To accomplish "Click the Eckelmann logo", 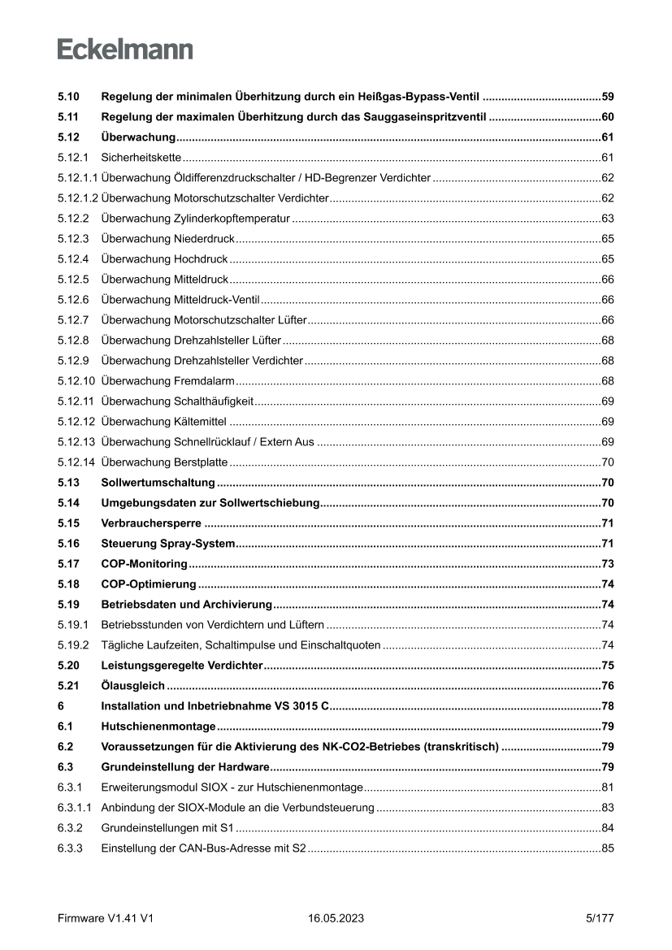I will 125,49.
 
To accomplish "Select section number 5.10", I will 68,97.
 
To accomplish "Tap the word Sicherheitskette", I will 141,157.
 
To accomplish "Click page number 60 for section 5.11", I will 607,117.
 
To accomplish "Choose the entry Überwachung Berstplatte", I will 165,462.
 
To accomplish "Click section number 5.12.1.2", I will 78,197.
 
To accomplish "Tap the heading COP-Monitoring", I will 144,563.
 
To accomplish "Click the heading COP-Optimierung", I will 148,583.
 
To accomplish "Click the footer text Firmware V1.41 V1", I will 106,918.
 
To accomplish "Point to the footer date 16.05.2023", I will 336,918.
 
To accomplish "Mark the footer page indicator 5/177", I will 599,918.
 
